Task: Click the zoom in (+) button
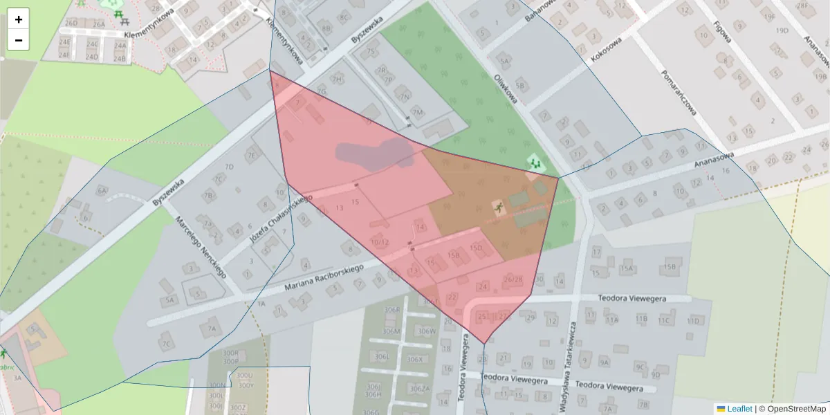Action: tap(19, 19)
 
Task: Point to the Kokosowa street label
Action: tap(607, 50)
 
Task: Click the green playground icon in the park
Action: tap(535, 163)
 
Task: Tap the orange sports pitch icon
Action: tap(497, 207)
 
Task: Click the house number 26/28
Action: tap(513, 279)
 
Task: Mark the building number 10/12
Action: tap(380, 242)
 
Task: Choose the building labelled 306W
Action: tap(427, 331)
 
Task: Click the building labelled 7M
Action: tap(417, 112)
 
